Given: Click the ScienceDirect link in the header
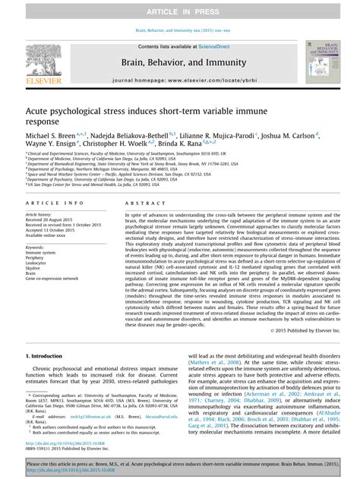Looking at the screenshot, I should (x=209, y=46).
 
